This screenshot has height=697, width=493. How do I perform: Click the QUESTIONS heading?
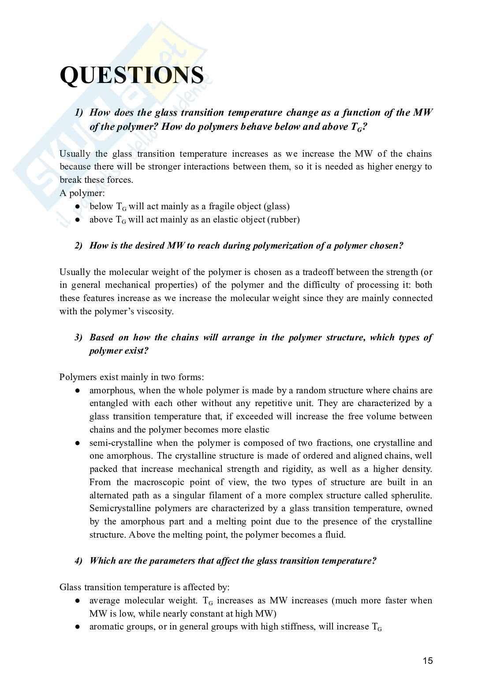131,75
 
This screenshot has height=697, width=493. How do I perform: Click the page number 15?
427,661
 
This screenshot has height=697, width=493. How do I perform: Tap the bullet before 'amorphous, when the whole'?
77,391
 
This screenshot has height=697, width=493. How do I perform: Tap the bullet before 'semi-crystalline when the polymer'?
77,443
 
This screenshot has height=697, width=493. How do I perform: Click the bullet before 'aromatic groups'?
77,627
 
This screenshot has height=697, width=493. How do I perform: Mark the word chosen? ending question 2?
388,246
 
